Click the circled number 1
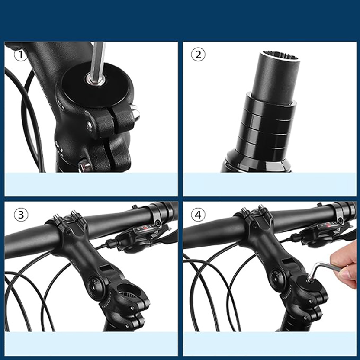pos(21,55)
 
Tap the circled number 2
pos(198,55)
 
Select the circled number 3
pos(21,215)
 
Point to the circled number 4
pos(198,215)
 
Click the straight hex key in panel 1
pos(98,62)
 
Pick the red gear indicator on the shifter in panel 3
pos(145,228)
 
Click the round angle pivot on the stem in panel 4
pos(276,275)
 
